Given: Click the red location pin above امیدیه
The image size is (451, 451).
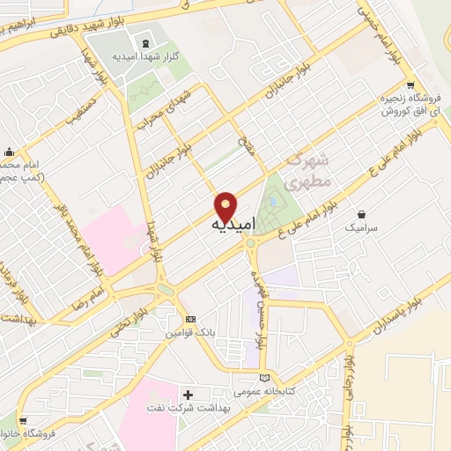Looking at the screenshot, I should tap(225, 206).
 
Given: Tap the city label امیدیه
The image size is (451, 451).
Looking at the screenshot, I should tap(234, 225).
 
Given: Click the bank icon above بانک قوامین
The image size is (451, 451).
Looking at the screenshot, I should tap(191, 320).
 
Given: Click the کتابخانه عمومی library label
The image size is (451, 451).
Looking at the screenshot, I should tap(262, 391).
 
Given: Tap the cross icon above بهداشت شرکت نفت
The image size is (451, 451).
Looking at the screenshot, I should tap(187, 393).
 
